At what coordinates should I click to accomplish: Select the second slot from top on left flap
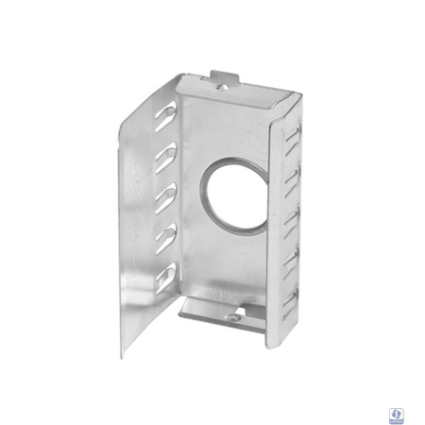[168, 152]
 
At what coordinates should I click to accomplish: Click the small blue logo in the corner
[399, 414]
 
